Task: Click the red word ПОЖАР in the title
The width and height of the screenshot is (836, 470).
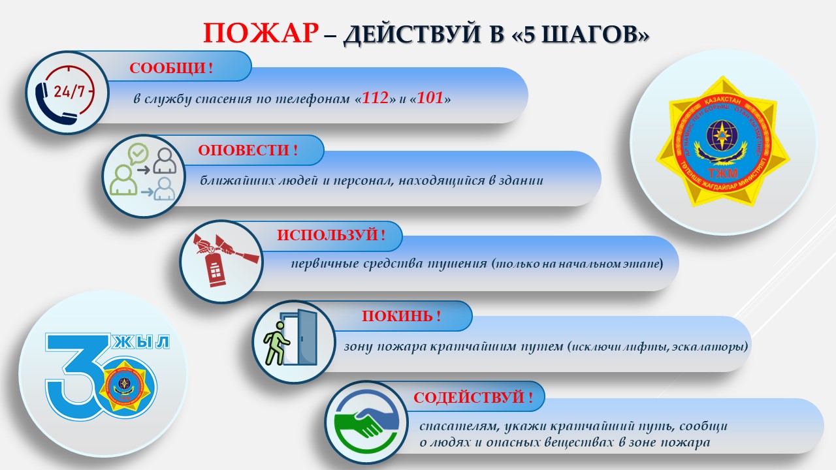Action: (x=260, y=33)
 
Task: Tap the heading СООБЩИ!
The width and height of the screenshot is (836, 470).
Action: (x=171, y=69)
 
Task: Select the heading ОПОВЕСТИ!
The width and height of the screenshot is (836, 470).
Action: (x=248, y=151)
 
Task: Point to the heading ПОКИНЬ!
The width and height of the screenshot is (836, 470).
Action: (x=401, y=317)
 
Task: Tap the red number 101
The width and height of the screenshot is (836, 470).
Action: (x=430, y=99)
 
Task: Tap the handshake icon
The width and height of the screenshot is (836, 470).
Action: (x=363, y=423)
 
